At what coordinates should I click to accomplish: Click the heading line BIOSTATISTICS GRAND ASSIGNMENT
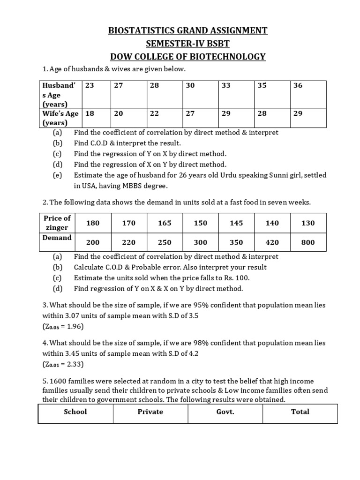[x=187, y=31]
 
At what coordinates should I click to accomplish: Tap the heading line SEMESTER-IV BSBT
[x=187, y=44]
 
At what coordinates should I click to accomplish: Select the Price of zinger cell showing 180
[x=93, y=223]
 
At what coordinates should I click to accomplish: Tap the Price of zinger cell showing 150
[x=200, y=223]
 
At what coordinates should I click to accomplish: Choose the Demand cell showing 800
[x=308, y=242]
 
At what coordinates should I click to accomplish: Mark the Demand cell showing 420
[x=272, y=242]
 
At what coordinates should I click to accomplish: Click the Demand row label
[x=57, y=238]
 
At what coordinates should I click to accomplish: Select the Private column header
[x=150, y=412]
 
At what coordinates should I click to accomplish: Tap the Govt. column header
[x=225, y=412]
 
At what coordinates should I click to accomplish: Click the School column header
[x=75, y=412]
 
